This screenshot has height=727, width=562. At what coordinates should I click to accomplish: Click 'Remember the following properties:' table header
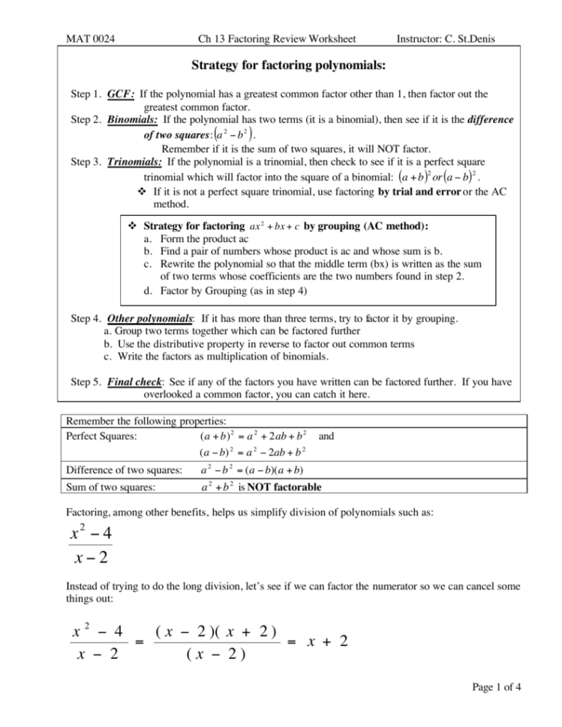tap(141, 422)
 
